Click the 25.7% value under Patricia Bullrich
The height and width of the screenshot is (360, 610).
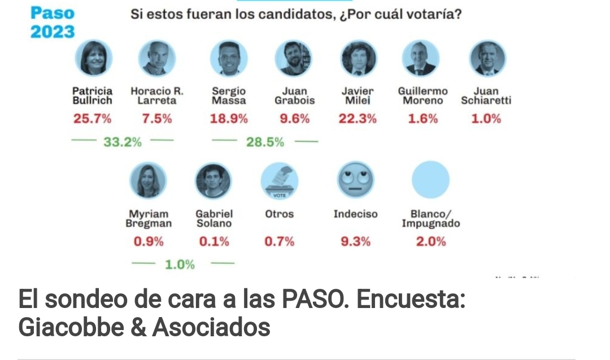[92, 119]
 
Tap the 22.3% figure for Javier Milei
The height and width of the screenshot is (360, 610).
[358, 119]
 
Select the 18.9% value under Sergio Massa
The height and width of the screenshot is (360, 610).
[229, 119]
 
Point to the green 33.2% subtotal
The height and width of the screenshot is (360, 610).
[122, 142]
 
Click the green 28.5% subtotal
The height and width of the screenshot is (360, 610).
[265, 142]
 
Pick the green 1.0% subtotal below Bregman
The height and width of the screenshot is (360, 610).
[180, 264]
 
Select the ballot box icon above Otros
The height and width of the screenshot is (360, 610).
[279, 180]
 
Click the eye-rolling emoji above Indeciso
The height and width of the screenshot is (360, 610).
[356, 180]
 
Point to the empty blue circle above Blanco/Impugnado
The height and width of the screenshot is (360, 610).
[431, 180]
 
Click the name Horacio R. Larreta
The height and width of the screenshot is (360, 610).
[157, 96]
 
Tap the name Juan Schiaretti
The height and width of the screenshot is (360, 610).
[486, 96]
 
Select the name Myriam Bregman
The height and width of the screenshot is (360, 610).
[149, 219]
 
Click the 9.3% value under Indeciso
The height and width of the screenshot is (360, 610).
[356, 242]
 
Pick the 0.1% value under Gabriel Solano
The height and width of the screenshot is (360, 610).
[214, 242]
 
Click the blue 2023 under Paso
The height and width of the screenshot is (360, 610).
[53, 32]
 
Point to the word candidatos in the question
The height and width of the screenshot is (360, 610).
[297, 14]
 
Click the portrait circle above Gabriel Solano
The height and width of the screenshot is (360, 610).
[213, 180]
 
